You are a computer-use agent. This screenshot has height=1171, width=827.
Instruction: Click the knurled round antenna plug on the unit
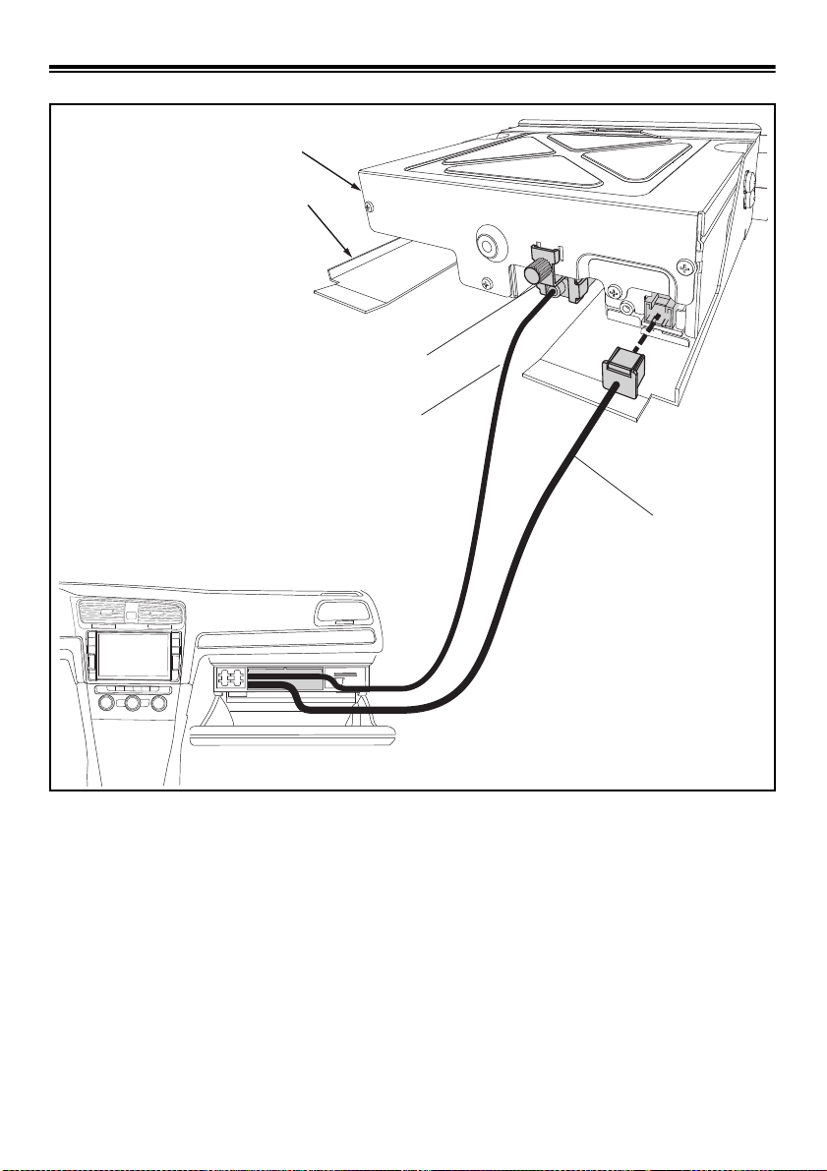[537, 273]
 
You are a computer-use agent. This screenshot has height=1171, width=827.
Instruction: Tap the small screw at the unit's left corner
[367, 206]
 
